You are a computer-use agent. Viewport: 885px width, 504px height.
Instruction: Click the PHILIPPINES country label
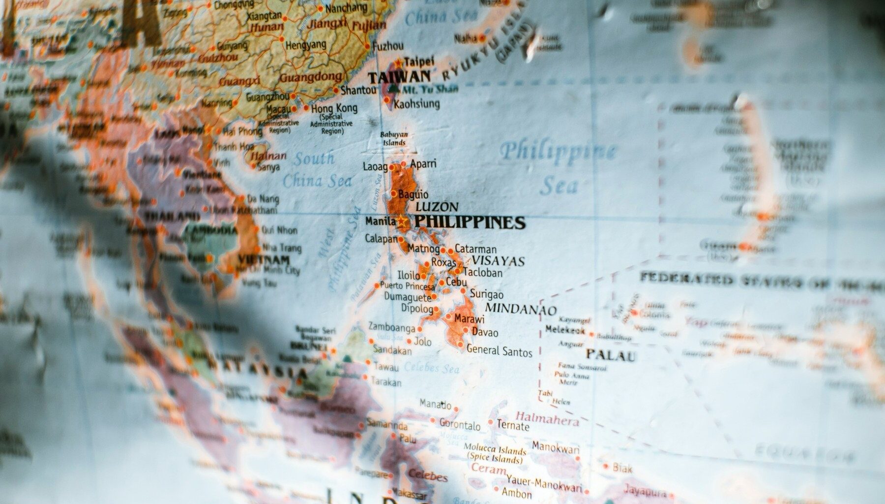pyautogui.click(x=470, y=222)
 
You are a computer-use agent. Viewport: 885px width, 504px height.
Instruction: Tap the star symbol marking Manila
pyautogui.click(x=402, y=221)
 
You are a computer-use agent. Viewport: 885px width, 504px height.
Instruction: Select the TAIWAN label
pyautogui.click(x=399, y=77)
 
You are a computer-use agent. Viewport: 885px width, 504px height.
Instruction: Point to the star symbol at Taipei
pyautogui.click(x=398, y=63)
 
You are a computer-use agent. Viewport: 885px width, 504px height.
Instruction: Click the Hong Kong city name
pyautogui.click(x=334, y=108)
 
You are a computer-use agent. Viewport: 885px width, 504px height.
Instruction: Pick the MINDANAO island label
pyautogui.click(x=521, y=309)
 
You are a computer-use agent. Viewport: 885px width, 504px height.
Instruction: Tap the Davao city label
pyautogui.click(x=485, y=332)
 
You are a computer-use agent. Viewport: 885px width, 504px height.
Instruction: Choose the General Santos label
pyautogui.click(x=499, y=351)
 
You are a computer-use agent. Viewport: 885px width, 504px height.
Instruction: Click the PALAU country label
pyautogui.click(x=610, y=355)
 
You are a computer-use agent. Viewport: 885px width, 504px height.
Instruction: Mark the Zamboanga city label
pyautogui.click(x=391, y=327)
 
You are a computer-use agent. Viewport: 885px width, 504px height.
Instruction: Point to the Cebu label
pyautogui.click(x=456, y=283)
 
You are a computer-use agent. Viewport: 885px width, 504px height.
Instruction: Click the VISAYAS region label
pyautogui.click(x=498, y=261)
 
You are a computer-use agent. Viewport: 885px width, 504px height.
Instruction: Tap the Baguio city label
pyautogui.click(x=413, y=194)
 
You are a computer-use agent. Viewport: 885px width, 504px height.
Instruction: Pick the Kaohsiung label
pyautogui.click(x=417, y=104)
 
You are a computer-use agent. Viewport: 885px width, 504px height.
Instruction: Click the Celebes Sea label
pyautogui.click(x=432, y=368)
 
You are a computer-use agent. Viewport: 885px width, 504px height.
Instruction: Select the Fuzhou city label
pyautogui.click(x=388, y=46)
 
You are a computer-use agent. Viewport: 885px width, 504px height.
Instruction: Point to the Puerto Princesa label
pyautogui.click(x=408, y=286)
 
